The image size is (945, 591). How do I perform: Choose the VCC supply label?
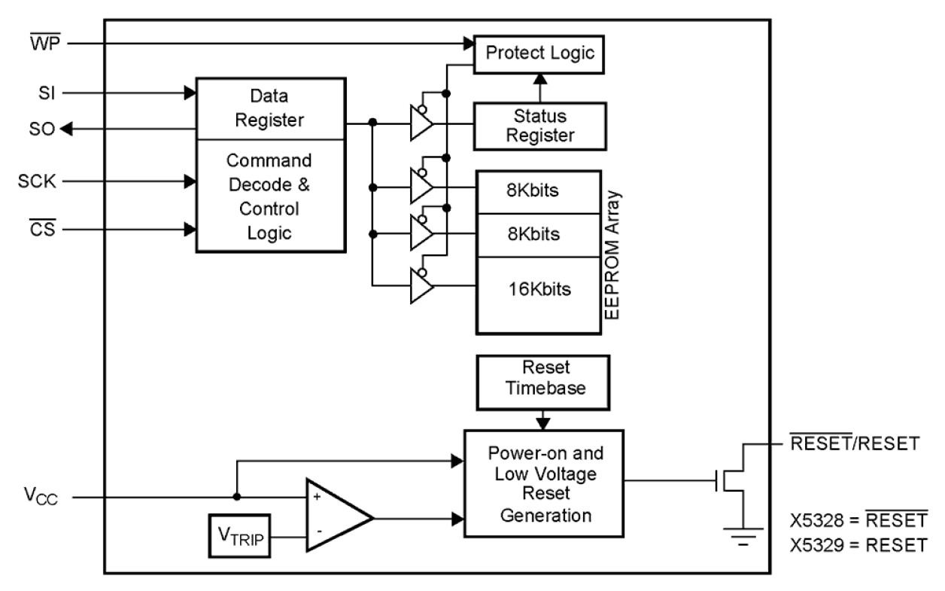pos(39,498)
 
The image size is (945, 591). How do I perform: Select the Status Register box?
pos(539,126)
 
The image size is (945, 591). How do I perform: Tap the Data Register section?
pos(269,108)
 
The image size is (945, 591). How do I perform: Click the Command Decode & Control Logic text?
pos(269,196)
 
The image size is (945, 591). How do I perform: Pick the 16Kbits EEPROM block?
pos(539,289)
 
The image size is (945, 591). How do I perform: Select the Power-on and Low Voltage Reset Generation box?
pos(543,483)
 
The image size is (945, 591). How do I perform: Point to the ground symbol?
pos(743,536)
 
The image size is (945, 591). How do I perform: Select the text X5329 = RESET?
pos(858,545)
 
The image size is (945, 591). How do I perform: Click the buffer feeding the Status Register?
pos(421,123)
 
